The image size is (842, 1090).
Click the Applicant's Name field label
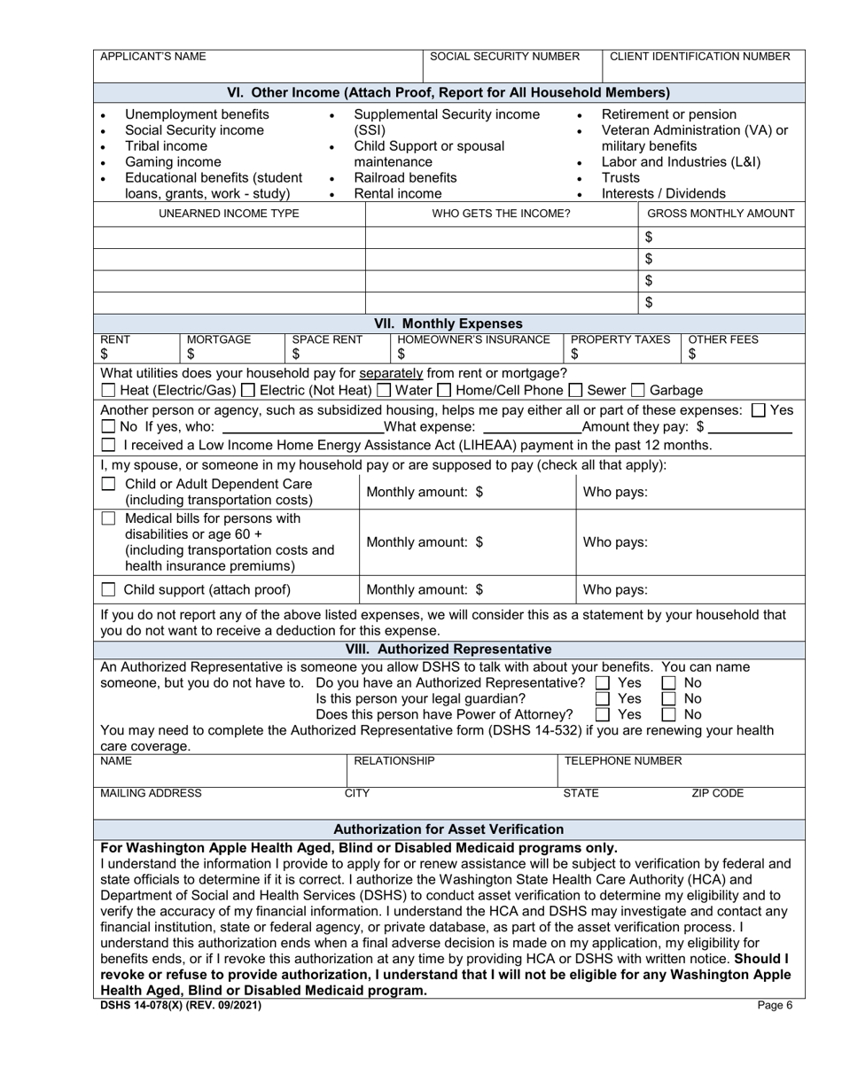pyautogui.click(x=152, y=57)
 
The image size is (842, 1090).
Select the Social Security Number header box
pyautogui.click(x=504, y=57)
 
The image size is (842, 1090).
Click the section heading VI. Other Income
pyautogui.click(x=448, y=92)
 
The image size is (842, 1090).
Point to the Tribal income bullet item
pyautogui.click(x=166, y=146)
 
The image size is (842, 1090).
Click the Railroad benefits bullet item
pyautogui.click(x=405, y=178)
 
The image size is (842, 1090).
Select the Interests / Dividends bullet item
pyautogui.click(x=663, y=194)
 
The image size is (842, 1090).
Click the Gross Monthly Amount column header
pyautogui.click(x=721, y=214)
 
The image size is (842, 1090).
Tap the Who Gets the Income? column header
pyautogui.click(x=501, y=214)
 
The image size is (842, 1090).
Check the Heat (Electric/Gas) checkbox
pyautogui.click(x=108, y=391)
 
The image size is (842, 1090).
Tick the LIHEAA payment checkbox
pyautogui.click(x=108, y=445)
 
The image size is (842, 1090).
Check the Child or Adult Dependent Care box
pyautogui.click(x=108, y=485)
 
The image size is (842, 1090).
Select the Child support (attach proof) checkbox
pyautogui.click(x=108, y=590)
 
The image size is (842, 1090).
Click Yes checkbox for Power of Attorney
pyautogui.click(x=603, y=714)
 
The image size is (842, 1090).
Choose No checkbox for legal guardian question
pyautogui.click(x=670, y=699)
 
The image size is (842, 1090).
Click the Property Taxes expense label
pyautogui.click(x=620, y=339)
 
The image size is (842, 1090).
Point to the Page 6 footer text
pyautogui.click(x=776, y=1005)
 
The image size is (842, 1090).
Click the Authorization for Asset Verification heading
pyautogui.click(x=448, y=829)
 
